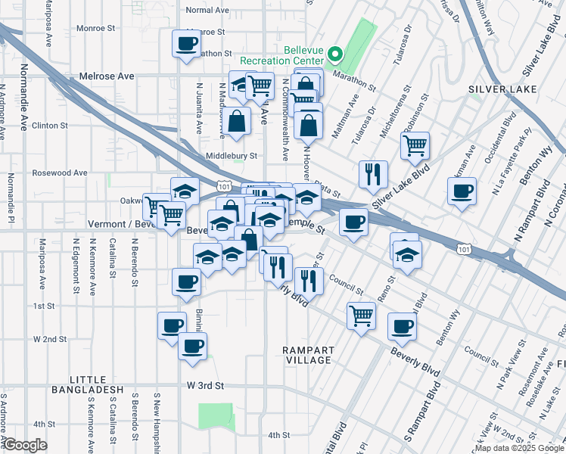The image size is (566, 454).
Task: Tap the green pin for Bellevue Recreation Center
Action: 337,54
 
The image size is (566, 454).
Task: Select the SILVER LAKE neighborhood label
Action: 495,89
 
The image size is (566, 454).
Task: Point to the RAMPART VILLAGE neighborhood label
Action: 307,355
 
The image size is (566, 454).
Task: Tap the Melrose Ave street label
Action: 107,76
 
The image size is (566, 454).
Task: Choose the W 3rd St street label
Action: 206,385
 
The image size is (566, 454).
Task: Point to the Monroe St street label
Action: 95,28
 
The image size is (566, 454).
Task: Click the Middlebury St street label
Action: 232,156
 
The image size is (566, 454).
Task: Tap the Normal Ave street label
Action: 207,10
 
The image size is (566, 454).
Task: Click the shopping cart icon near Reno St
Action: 362,314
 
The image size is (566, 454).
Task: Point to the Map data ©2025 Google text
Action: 518,448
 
